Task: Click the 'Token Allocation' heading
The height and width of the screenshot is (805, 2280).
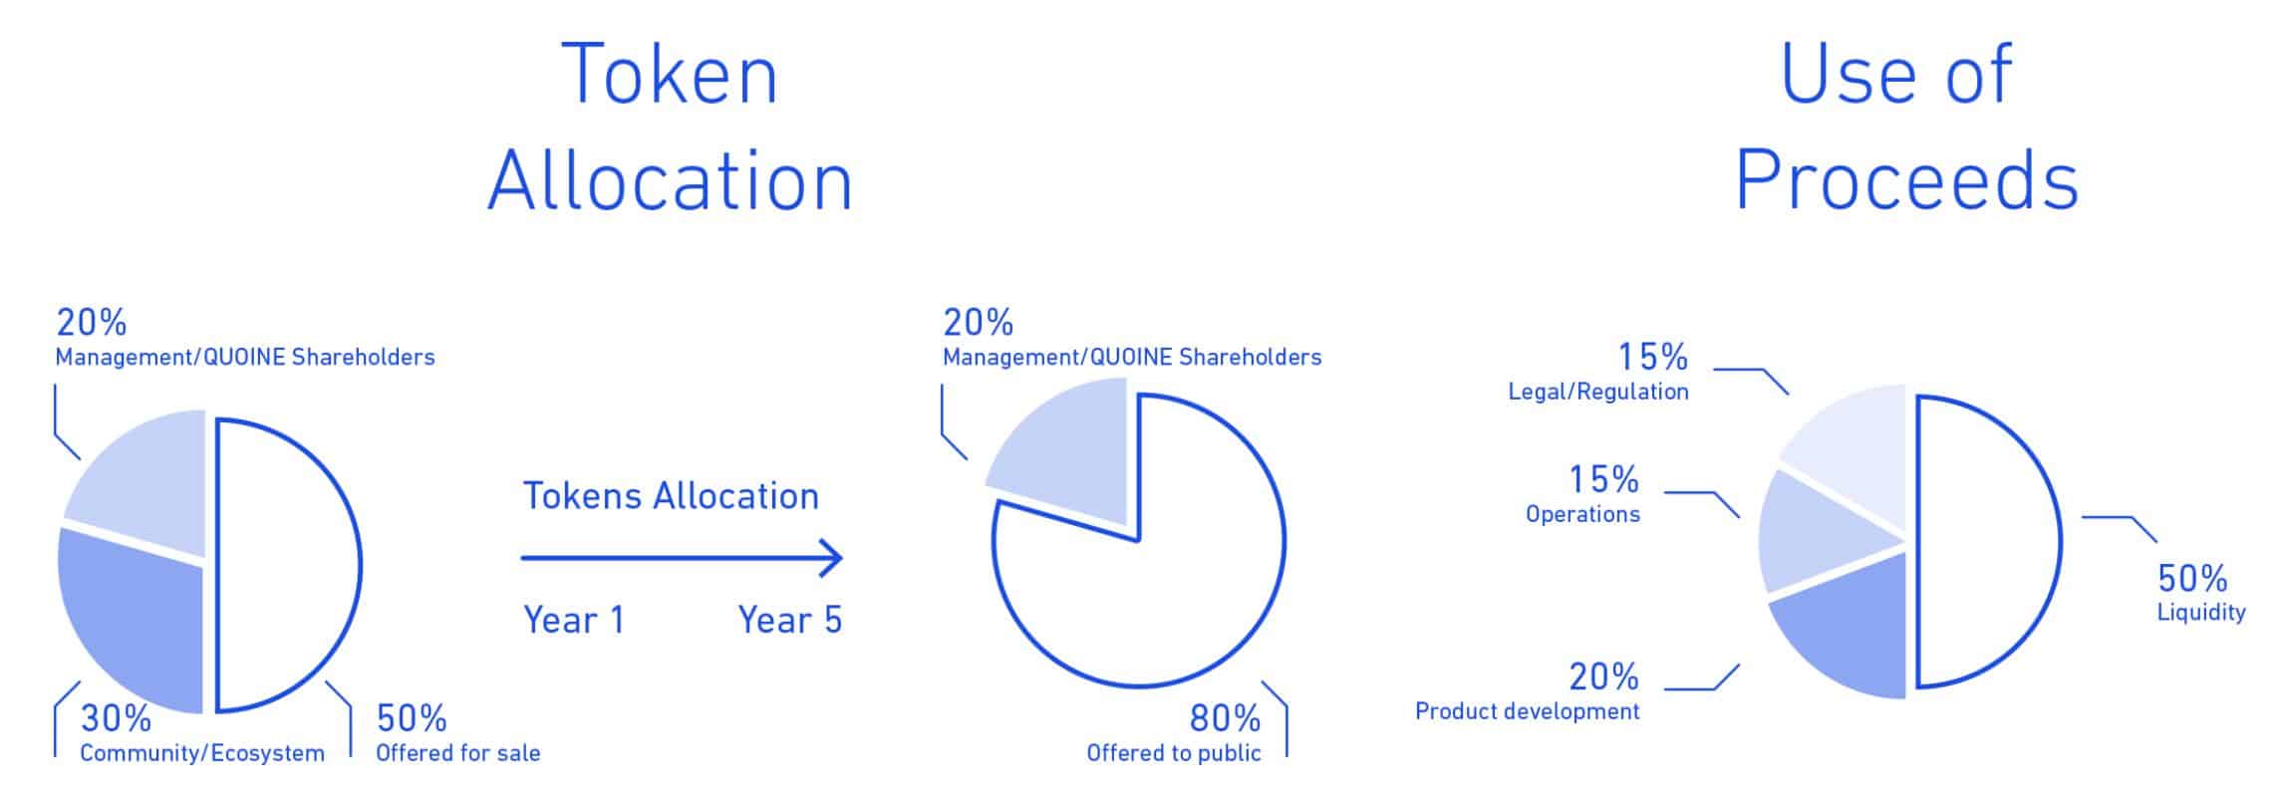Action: click(x=670, y=127)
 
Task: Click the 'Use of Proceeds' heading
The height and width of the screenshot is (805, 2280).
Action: click(x=1906, y=127)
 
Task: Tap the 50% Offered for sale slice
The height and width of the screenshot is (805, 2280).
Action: click(x=289, y=566)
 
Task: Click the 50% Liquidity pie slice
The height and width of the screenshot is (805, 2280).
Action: click(x=1988, y=542)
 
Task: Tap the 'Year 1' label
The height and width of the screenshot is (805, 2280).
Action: click(x=574, y=620)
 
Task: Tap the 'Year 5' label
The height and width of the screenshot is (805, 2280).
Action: click(x=790, y=620)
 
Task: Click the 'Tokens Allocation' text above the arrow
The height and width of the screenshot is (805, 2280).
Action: click(x=671, y=495)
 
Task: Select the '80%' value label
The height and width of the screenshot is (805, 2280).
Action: click(x=1225, y=717)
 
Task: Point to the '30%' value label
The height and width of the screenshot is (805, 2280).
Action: click(x=117, y=717)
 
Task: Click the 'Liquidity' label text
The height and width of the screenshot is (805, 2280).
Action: click(x=2201, y=612)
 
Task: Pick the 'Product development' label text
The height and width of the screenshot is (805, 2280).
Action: click(x=1528, y=710)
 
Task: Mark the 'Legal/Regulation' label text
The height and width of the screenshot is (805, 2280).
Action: click(x=1598, y=392)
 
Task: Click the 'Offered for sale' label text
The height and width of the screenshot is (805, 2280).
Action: click(x=458, y=752)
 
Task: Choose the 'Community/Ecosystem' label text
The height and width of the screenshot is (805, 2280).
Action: click(x=202, y=753)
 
